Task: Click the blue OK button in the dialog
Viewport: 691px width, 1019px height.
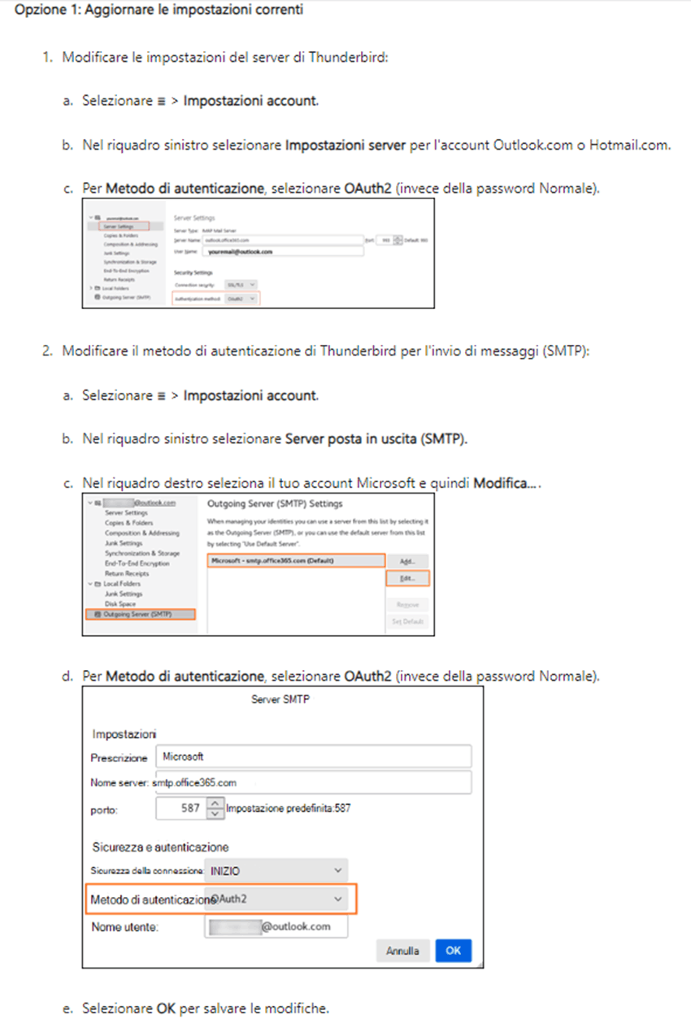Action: click(453, 950)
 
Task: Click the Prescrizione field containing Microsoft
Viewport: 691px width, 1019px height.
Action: click(313, 756)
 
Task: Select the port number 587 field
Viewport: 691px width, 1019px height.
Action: click(181, 808)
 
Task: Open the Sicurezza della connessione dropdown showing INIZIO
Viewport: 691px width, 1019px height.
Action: click(276, 870)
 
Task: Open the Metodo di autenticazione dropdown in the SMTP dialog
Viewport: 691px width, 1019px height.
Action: click(276, 899)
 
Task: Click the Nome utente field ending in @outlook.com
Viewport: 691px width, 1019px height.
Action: click(276, 926)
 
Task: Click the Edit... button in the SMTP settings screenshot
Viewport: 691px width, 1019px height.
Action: click(408, 578)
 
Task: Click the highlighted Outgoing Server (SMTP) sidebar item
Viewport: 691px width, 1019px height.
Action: click(140, 615)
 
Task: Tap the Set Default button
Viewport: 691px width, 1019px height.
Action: click(408, 621)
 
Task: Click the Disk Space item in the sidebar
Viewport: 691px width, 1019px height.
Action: click(122, 603)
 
